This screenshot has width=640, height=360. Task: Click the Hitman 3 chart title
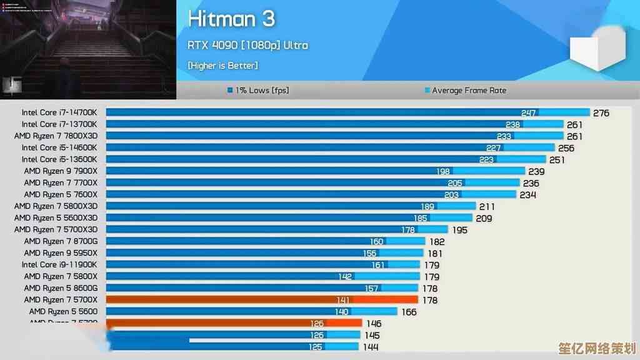(231, 19)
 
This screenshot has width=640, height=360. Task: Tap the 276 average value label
(601, 113)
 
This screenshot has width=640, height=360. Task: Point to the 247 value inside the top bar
(529, 113)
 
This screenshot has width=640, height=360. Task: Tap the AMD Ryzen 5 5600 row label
(63, 311)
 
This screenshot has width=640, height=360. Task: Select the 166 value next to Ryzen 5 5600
(409, 312)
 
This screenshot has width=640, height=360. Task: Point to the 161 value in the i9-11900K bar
(377, 265)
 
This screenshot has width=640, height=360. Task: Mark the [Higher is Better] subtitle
(222, 65)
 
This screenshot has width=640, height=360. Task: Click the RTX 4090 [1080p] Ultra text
(247, 45)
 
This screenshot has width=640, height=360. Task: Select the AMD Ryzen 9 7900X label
(61, 171)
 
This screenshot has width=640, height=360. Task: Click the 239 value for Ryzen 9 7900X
(536, 171)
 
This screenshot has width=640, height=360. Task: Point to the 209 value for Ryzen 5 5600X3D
(483, 218)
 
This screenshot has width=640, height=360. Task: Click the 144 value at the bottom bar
(371, 347)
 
